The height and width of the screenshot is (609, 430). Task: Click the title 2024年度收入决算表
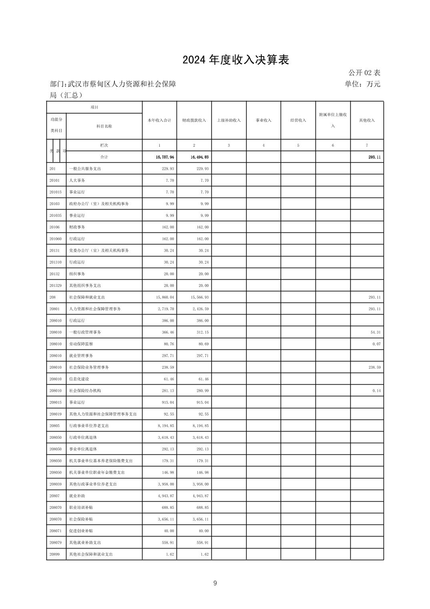pyautogui.click(x=236, y=60)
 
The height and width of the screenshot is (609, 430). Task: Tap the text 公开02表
pyautogui.click(x=364, y=73)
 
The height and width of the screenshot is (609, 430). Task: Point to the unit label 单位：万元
pyautogui.click(x=362, y=84)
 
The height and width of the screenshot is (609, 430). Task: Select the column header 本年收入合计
pyautogui.click(x=159, y=121)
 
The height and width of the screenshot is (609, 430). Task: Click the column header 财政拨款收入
pyautogui.click(x=194, y=121)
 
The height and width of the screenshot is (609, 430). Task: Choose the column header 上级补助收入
pyautogui.click(x=229, y=121)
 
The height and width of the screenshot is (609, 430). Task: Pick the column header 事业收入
pyautogui.click(x=263, y=121)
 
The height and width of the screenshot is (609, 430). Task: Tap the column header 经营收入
pyautogui.click(x=298, y=121)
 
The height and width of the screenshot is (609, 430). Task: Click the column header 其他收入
pyautogui.click(x=367, y=121)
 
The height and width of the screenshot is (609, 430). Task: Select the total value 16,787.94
pyautogui.click(x=165, y=157)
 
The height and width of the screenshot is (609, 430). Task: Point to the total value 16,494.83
pyautogui.click(x=199, y=157)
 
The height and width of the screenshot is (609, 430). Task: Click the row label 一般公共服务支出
pyautogui.click(x=85, y=169)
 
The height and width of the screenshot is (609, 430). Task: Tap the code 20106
pyautogui.click(x=54, y=227)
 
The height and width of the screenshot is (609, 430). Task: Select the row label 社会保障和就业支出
pyautogui.click(x=87, y=297)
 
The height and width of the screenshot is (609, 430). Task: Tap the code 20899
pyautogui.click(x=54, y=554)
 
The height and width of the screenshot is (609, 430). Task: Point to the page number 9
pyautogui.click(x=215, y=583)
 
